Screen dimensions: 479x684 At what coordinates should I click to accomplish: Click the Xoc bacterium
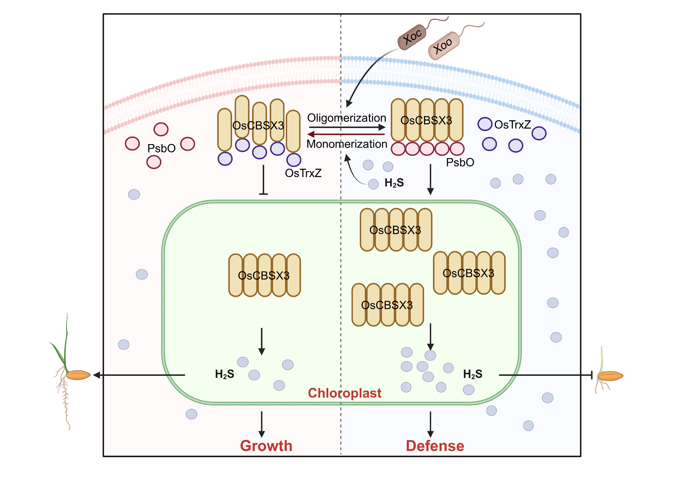(x=412, y=37)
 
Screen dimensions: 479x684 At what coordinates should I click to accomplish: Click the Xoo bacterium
(x=444, y=46)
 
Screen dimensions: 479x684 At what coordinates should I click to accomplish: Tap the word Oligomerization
(x=346, y=118)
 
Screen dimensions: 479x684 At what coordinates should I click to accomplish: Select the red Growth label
(x=266, y=446)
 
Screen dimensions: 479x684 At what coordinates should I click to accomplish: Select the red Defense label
(x=435, y=446)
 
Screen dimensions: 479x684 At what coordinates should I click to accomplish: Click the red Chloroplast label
(x=344, y=393)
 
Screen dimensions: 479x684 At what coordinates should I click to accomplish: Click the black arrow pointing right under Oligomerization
(x=347, y=127)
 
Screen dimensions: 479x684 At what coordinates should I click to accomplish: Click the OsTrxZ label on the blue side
(x=512, y=125)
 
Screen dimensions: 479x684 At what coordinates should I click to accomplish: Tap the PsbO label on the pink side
(x=161, y=148)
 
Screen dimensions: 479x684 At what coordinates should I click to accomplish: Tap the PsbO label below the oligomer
(x=460, y=163)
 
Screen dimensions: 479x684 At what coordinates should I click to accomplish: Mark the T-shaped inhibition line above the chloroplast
(x=263, y=180)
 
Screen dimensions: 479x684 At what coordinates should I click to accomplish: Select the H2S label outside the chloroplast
(x=394, y=183)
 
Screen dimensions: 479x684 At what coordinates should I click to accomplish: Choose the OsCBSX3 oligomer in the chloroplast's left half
(x=264, y=275)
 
